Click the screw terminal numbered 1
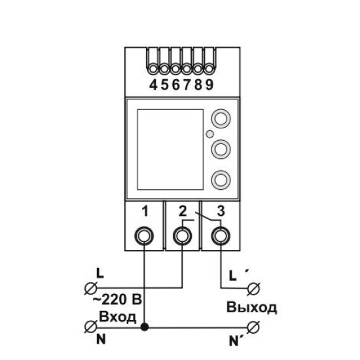[x=144, y=236]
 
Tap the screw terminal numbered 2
[x=183, y=236]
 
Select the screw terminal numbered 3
[x=221, y=236]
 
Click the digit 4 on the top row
[x=153, y=85]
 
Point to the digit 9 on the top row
[x=209, y=85]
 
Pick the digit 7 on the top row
[x=187, y=85]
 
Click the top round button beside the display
[x=221, y=118]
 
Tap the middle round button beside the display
[x=221, y=149]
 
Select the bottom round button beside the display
[x=221, y=179]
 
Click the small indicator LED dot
[x=209, y=134]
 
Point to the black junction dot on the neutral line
[x=145, y=327]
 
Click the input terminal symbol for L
[x=91, y=288]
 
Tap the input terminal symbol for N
[x=91, y=327]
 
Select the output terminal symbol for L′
[x=253, y=288]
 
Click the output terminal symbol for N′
[x=253, y=327]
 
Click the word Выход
[x=251, y=307]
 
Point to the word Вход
[x=117, y=317]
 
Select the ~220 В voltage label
[x=117, y=299]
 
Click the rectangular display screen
[x=170, y=149]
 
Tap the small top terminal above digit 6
[x=175, y=69]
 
